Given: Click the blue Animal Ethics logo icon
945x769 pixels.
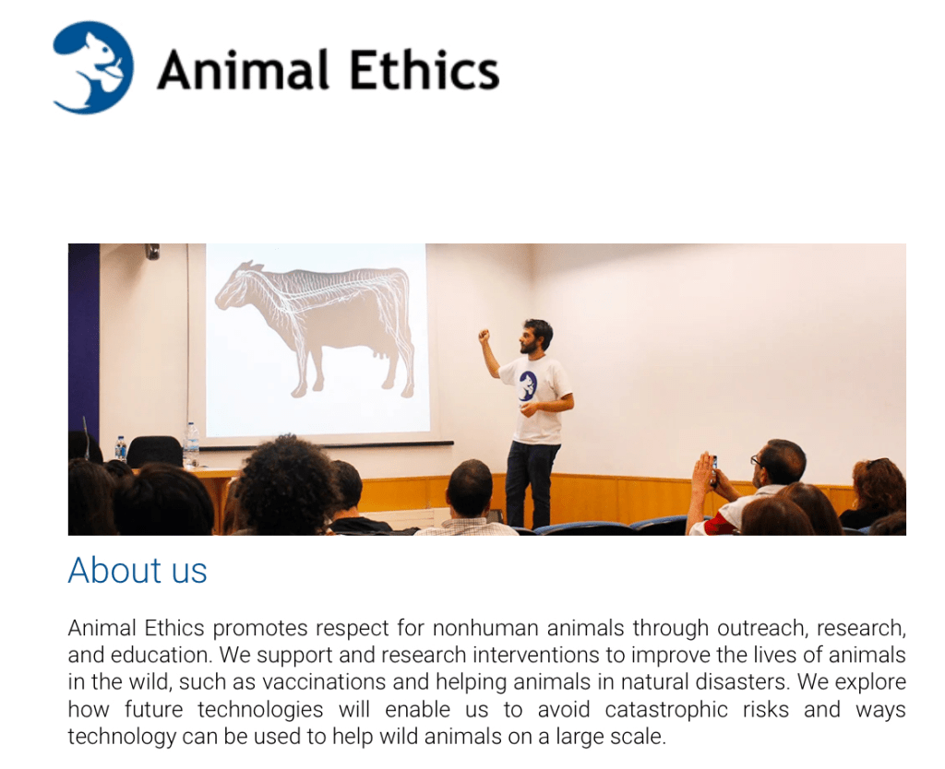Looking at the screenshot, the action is point(93,67).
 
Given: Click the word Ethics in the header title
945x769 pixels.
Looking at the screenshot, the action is point(425,70).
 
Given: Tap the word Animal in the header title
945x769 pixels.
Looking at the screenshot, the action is point(244,70).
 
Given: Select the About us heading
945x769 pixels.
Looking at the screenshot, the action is point(138,570).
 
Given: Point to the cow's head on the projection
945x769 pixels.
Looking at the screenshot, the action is point(235,287).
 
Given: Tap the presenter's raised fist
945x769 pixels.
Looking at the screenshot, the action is point(484,336).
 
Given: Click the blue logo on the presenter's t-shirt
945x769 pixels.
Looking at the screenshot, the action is point(527,386).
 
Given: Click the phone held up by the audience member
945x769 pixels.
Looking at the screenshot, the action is point(714,470).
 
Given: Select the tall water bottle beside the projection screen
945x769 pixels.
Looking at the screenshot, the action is point(191,444).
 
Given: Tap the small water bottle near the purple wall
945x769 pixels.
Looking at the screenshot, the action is point(121,449).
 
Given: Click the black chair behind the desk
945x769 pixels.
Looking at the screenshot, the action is point(154,452).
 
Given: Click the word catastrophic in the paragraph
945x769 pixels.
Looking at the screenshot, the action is point(666,709).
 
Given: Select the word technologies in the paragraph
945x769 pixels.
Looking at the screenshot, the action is point(260,709).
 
